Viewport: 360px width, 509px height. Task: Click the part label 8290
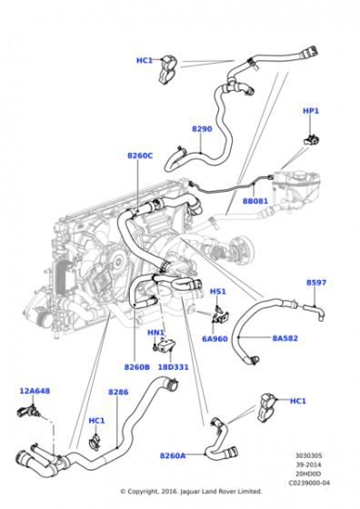[202, 129]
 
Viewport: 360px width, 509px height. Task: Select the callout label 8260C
[140, 155]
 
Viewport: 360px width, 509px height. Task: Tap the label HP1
[311, 111]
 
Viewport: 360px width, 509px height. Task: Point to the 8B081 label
[255, 202]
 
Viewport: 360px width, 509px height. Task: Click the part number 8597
[315, 283]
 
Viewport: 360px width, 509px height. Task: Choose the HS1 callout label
[218, 292]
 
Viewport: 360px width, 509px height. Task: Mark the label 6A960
[215, 339]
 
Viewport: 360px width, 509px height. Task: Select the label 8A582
[285, 339]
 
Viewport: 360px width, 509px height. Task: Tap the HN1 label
[155, 333]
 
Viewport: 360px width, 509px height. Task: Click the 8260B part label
[136, 367]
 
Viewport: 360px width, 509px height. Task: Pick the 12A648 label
[34, 391]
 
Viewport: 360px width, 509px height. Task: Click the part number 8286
[118, 392]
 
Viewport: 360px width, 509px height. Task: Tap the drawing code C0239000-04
[307, 483]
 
